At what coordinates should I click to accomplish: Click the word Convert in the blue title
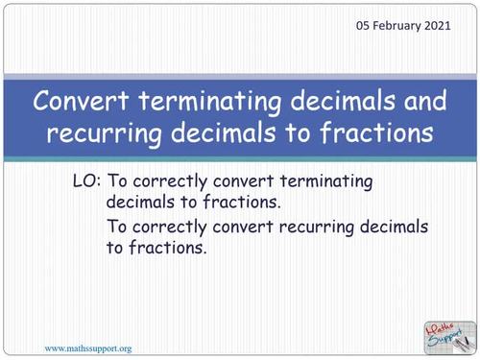pos(79,100)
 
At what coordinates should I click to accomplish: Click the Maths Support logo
pos(447,335)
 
